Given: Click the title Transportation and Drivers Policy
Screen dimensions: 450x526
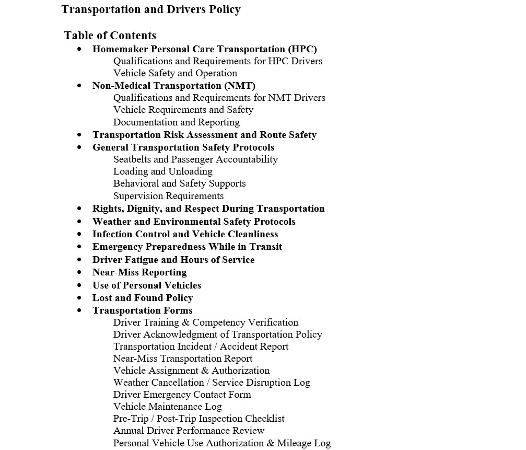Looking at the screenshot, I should [x=151, y=9].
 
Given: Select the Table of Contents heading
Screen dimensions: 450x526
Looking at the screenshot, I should [x=110, y=36].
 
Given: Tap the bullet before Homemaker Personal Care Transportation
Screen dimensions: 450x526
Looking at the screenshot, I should [x=79, y=49].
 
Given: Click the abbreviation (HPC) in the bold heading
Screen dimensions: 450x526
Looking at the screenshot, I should [x=302, y=49].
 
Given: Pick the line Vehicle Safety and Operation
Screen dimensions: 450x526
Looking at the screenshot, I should [x=175, y=73].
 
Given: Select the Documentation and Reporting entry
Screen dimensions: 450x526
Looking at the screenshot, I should [x=176, y=122].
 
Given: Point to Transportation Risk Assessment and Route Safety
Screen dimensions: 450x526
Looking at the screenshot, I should [x=204, y=135].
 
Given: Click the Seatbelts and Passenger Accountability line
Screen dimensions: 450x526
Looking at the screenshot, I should [x=195, y=159].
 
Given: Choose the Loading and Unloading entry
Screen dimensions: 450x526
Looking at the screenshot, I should [x=162, y=171].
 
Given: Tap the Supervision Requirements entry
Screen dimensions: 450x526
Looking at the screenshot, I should [x=168, y=196].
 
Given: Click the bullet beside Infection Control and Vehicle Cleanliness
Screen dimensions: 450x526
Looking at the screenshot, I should [x=79, y=234].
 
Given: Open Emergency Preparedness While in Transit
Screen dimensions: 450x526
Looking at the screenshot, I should [x=187, y=247].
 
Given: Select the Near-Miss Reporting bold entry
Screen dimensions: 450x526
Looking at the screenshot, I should [x=139, y=272].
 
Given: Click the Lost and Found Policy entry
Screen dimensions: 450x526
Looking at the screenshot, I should [x=143, y=298].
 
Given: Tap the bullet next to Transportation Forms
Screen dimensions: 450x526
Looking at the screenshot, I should [x=79, y=310].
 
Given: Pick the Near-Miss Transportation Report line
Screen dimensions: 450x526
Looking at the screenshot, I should [x=183, y=359].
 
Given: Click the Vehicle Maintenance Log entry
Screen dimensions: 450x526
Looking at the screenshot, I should [x=167, y=407].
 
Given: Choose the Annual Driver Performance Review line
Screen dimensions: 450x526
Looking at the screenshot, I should [x=189, y=431].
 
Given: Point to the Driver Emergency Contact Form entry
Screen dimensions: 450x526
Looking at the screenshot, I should [x=182, y=395].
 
